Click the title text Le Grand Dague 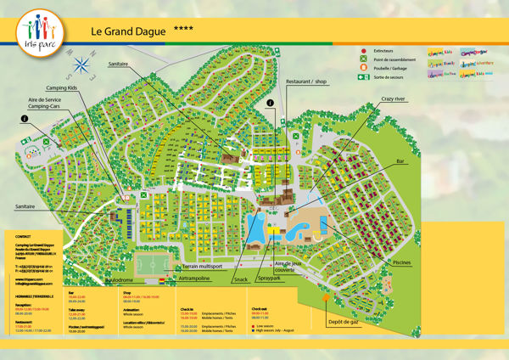point(127,30)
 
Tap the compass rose point(82,64)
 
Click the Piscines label point(406,263)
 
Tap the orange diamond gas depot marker point(326,298)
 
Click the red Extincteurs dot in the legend point(364,51)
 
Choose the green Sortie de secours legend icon point(364,76)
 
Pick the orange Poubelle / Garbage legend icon point(364,68)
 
